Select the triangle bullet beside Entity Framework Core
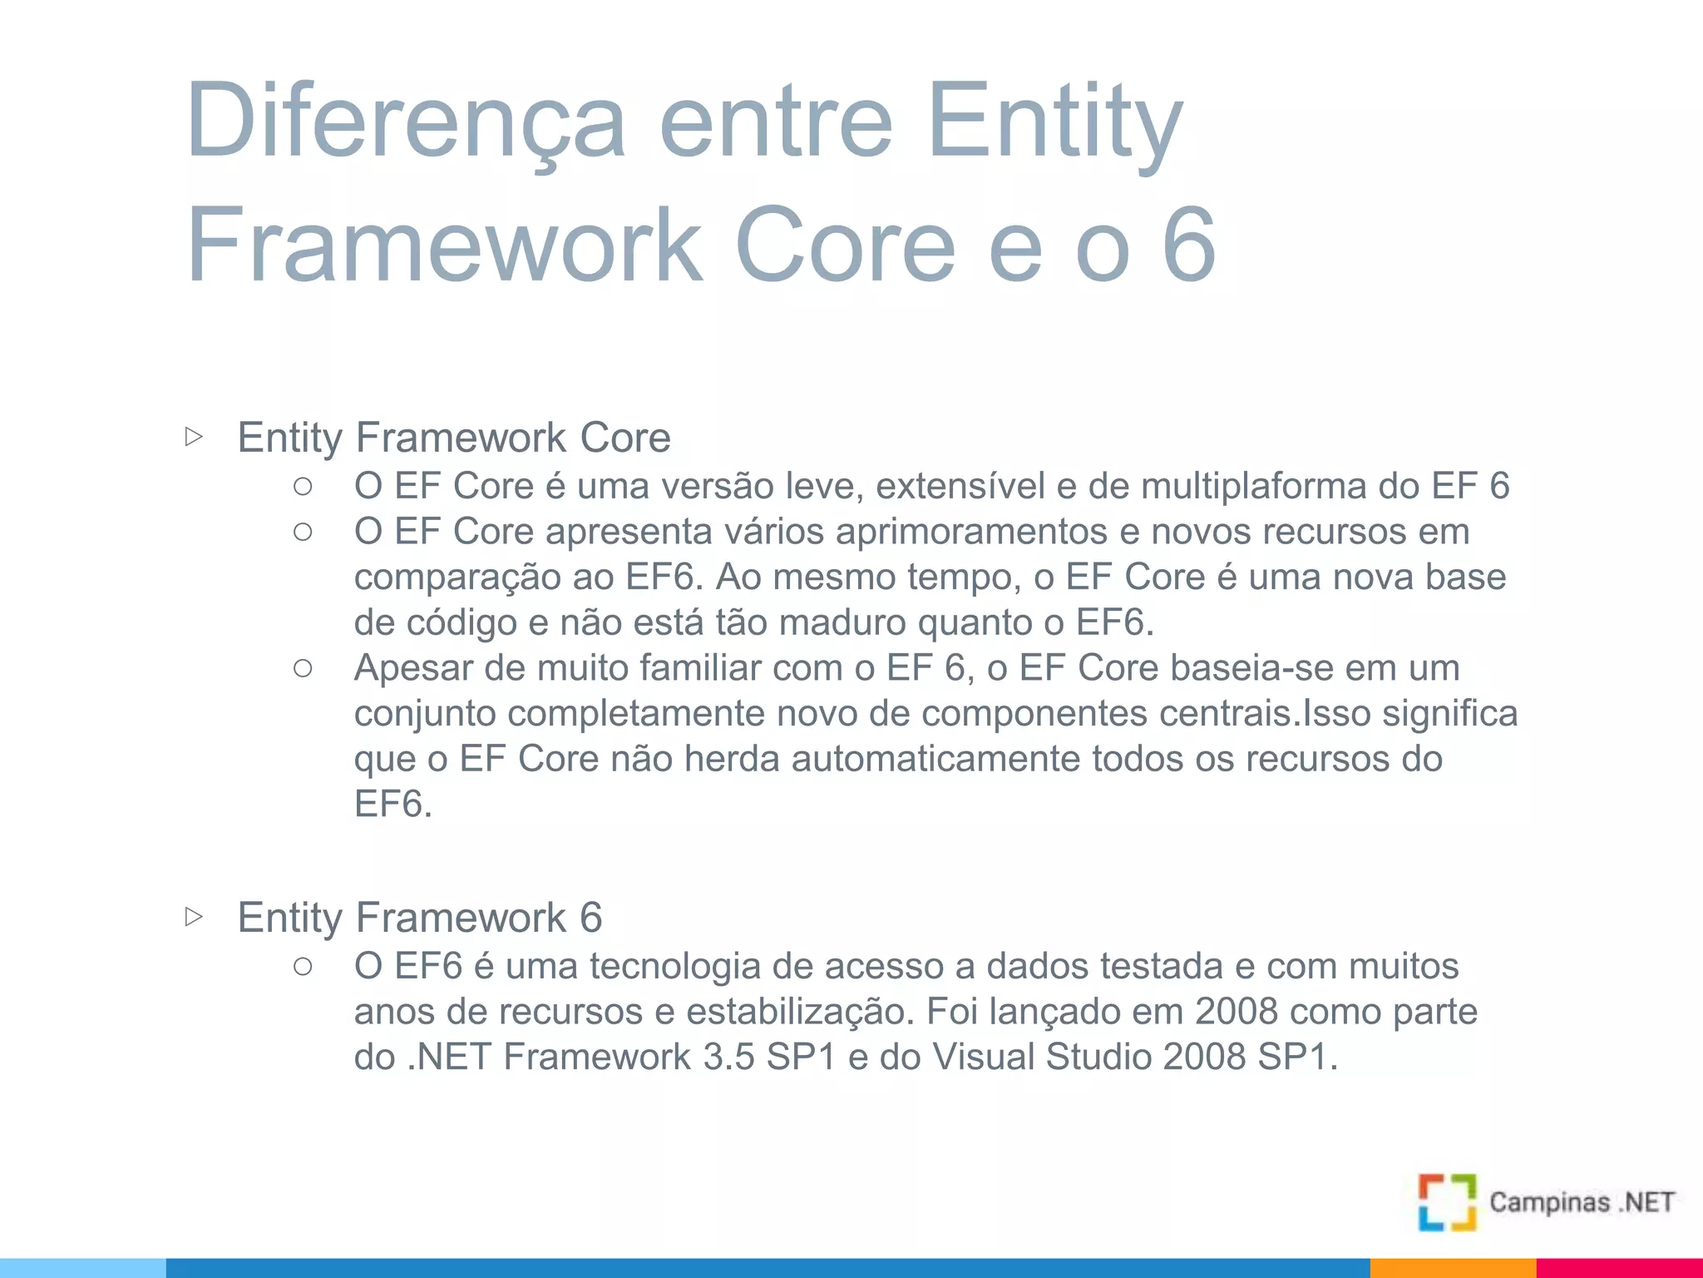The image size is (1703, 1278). point(194,436)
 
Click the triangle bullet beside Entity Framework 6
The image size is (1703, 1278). point(194,917)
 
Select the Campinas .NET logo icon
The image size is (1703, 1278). point(1447,1201)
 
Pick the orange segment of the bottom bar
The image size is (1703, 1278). point(1452,1268)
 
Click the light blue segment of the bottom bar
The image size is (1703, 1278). point(83,1268)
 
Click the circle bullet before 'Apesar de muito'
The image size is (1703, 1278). point(303,668)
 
